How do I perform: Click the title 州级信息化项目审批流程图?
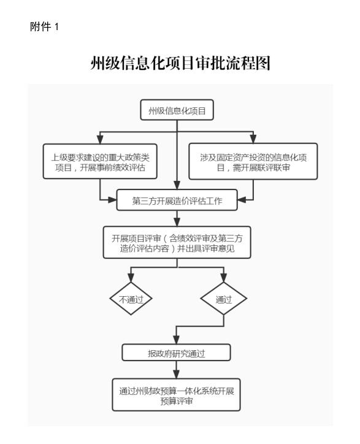[x=180, y=63]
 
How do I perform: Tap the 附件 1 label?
[x=44, y=27]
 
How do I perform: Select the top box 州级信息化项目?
[x=177, y=110]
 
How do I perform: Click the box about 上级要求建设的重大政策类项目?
[x=100, y=161]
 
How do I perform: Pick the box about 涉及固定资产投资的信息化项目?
[x=253, y=161]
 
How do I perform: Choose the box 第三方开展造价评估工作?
[x=177, y=200]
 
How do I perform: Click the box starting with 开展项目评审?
[x=177, y=242]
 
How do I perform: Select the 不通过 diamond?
[x=131, y=299]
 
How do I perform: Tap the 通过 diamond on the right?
[x=224, y=299]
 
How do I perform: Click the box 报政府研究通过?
[x=176, y=353]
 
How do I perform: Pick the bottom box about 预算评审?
[x=176, y=395]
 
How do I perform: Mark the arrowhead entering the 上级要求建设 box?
[x=100, y=139]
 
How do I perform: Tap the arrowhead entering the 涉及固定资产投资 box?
[x=253, y=139]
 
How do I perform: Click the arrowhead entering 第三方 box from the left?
[x=112, y=200]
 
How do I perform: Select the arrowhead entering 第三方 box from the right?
[x=242, y=200]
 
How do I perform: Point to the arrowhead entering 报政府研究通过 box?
[x=176, y=340]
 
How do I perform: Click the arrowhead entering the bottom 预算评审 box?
[x=176, y=374]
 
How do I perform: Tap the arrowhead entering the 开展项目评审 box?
[x=177, y=222]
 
